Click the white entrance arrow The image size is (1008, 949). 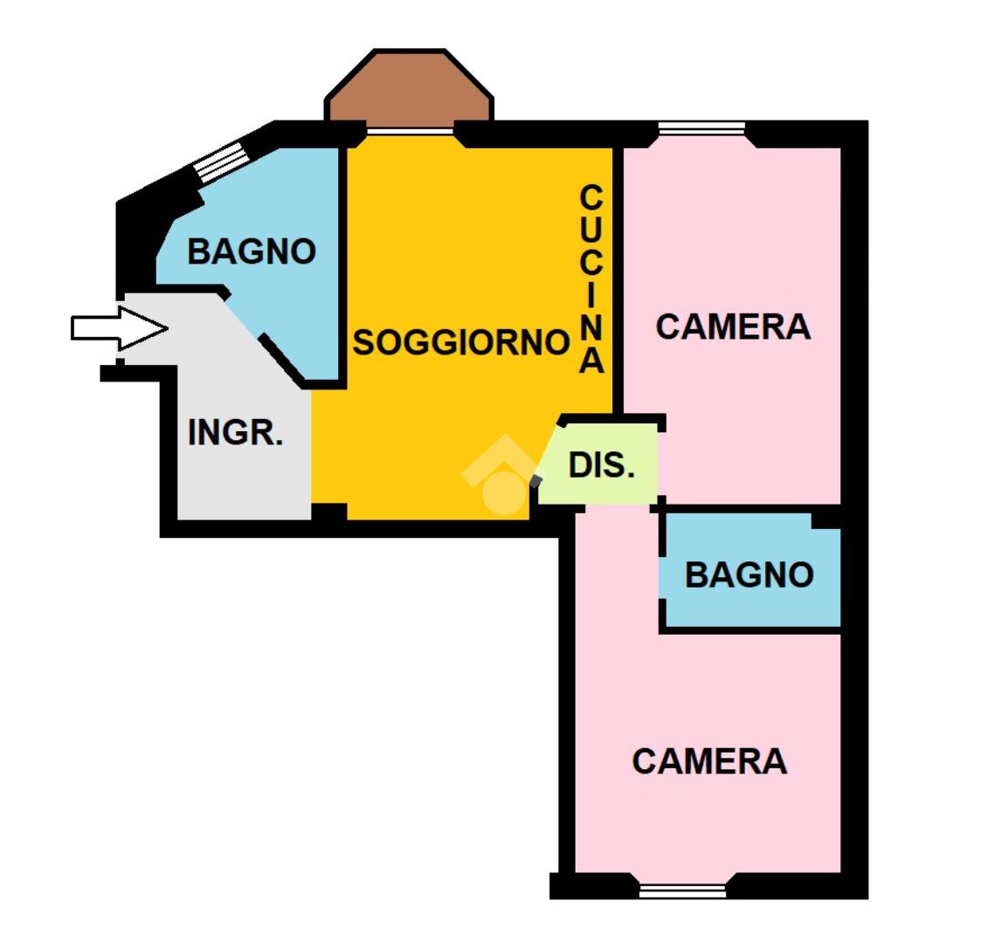click(x=118, y=328)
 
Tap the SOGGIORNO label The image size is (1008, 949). click(x=460, y=342)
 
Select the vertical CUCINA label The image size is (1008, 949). click(x=591, y=279)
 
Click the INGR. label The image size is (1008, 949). click(x=236, y=432)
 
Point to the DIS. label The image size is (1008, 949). click(x=601, y=465)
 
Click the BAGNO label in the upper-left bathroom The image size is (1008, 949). click(x=252, y=251)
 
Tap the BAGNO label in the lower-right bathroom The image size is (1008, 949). click(x=749, y=574)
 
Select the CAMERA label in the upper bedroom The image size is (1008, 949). click(x=733, y=327)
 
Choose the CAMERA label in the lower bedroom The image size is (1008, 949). click(x=709, y=761)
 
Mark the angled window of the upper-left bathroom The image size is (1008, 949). click(x=219, y=162)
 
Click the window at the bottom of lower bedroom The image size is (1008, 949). click(x=682, y=891)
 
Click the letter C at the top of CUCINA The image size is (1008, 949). click(x=591, y=197)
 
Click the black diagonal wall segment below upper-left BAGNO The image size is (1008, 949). click(x=283, y=360)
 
